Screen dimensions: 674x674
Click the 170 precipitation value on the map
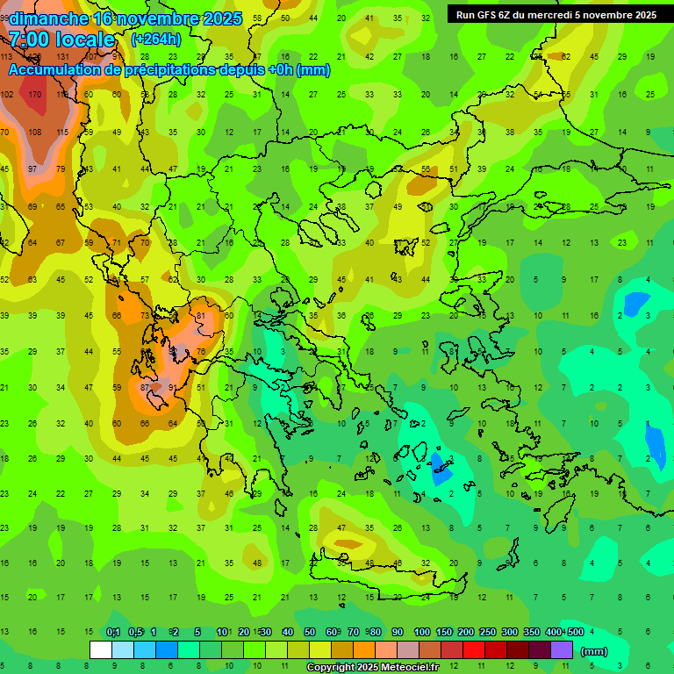(35, 94)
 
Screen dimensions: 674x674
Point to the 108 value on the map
(35, 132)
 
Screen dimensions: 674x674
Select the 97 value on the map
(32, 168)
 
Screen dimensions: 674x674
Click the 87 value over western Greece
(146, 387)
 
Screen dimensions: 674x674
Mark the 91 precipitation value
(173, 387)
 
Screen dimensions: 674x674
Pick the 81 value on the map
(201, 315)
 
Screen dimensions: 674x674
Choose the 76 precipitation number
(201, 352)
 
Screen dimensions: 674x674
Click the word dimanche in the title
(48, 18)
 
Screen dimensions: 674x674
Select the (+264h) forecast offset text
(157, 39)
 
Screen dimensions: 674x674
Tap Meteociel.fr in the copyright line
(409, 668)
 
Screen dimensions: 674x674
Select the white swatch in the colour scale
(101, 650)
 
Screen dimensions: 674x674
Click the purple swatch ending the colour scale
(561, 650)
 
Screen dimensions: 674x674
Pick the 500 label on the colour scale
(576, 632)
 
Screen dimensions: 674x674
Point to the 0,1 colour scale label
(113, 632)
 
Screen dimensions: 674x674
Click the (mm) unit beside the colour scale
(594, 651)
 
